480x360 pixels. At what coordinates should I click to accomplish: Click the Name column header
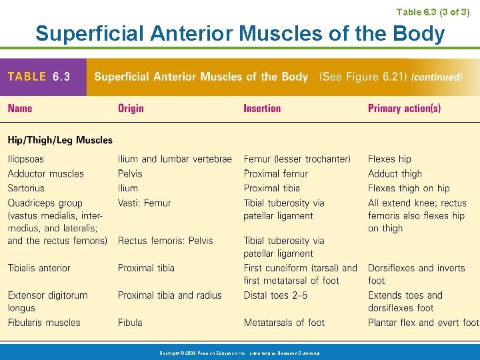pyautogui.click(x=20, y=108)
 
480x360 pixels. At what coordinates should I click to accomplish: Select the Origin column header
pyautogui.click(x=131, y=108)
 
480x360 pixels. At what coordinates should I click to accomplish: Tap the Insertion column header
pyautogui.click(x=262, y=108)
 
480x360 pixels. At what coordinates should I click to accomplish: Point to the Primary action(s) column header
pyautogui.click(x=404, y=108)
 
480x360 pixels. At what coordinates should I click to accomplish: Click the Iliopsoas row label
pyautogui.click(x=26, y=159)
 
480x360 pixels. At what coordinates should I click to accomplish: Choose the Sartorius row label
pyautogui.click(x=26, y=188)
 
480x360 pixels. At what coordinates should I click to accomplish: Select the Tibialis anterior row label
pyautogui.click(x=39, y=268)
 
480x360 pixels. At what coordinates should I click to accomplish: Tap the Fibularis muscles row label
pyautogui.click(x=44, y=323)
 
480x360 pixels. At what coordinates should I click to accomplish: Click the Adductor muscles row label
pyautogui.click(x=46, y=174)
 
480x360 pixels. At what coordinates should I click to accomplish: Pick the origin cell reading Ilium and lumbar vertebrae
pyautogui.click(x=175, y=159)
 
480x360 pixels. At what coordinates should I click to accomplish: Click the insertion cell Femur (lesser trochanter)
pyautogui.click(x=297, y=159)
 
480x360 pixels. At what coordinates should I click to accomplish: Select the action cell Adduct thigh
pyautogui.click(x=395, y=174)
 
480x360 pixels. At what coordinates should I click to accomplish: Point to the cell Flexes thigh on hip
pyautogui.click(x=409, y=188)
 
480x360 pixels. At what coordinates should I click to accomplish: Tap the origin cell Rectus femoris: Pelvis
pyautogui.click(x=165, y=241)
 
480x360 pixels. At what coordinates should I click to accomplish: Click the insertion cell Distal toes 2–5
pyautogui.click(x=275, y=295)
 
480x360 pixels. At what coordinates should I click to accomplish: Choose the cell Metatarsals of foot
pyautogui.click(x=284, y=323)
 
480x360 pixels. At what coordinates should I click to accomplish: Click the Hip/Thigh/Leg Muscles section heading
pyautogui.click(x=60, y=140)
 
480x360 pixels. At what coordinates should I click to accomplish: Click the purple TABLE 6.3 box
pyautogui.click(x=43, y=77)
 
